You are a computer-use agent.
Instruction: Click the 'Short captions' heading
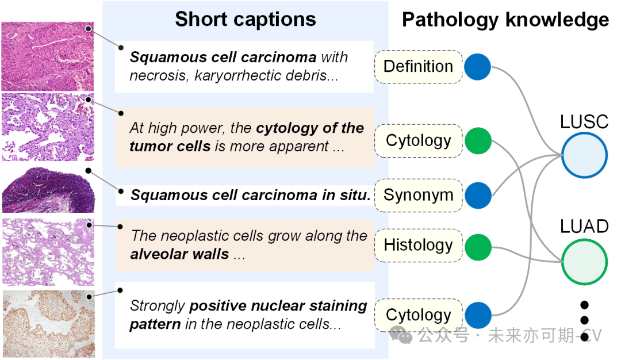point(246,20)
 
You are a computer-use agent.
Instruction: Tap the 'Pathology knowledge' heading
point(505,20)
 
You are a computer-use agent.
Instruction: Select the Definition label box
point(418,67)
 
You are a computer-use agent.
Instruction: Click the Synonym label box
point(418,195)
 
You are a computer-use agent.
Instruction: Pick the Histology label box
point(418,246)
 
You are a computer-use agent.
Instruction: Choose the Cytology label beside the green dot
point(418,140)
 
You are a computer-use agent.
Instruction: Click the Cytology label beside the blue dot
point(418,315)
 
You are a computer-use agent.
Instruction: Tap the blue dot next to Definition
point(477,67)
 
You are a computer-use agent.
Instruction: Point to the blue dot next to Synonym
point(478,195)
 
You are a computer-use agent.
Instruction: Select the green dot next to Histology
point(478,246)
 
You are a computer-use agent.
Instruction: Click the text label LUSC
point(584,122)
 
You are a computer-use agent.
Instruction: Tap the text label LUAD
point(584,227)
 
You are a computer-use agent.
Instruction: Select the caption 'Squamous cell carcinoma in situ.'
point(250,195)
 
